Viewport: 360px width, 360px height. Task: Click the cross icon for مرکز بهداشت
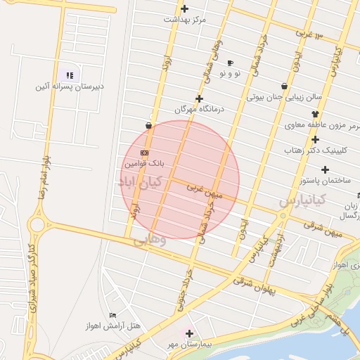pyautogui.click(x=185, y=9)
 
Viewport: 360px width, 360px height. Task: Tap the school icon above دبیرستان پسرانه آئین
pyautogui.click(x=70, y=75)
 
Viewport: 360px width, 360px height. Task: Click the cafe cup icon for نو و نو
pyautogui.click(x=230, y=63)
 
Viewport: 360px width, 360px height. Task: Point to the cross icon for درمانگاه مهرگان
pyautogui.click(x=200, y=99)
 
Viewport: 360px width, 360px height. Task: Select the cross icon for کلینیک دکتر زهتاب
pyautogui.click(x=316, y=139)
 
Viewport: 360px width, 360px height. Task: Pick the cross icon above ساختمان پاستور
pyautogui.click(x=325, y=169)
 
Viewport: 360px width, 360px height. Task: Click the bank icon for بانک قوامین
pyautogui.click(x=145, y=153)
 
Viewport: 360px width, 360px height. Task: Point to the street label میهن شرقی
pyautogui.click(x=323, y=229)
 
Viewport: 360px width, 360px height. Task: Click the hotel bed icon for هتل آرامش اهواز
pyautogui.click(x=113, y=316)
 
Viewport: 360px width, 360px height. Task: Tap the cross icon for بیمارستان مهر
pyautogui.click(x=189, y=333)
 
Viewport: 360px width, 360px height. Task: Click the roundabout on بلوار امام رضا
pyautogui.click(x=37, y=225)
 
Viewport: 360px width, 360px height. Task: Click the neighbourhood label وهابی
pyautogui.click(x=149, y=239)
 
